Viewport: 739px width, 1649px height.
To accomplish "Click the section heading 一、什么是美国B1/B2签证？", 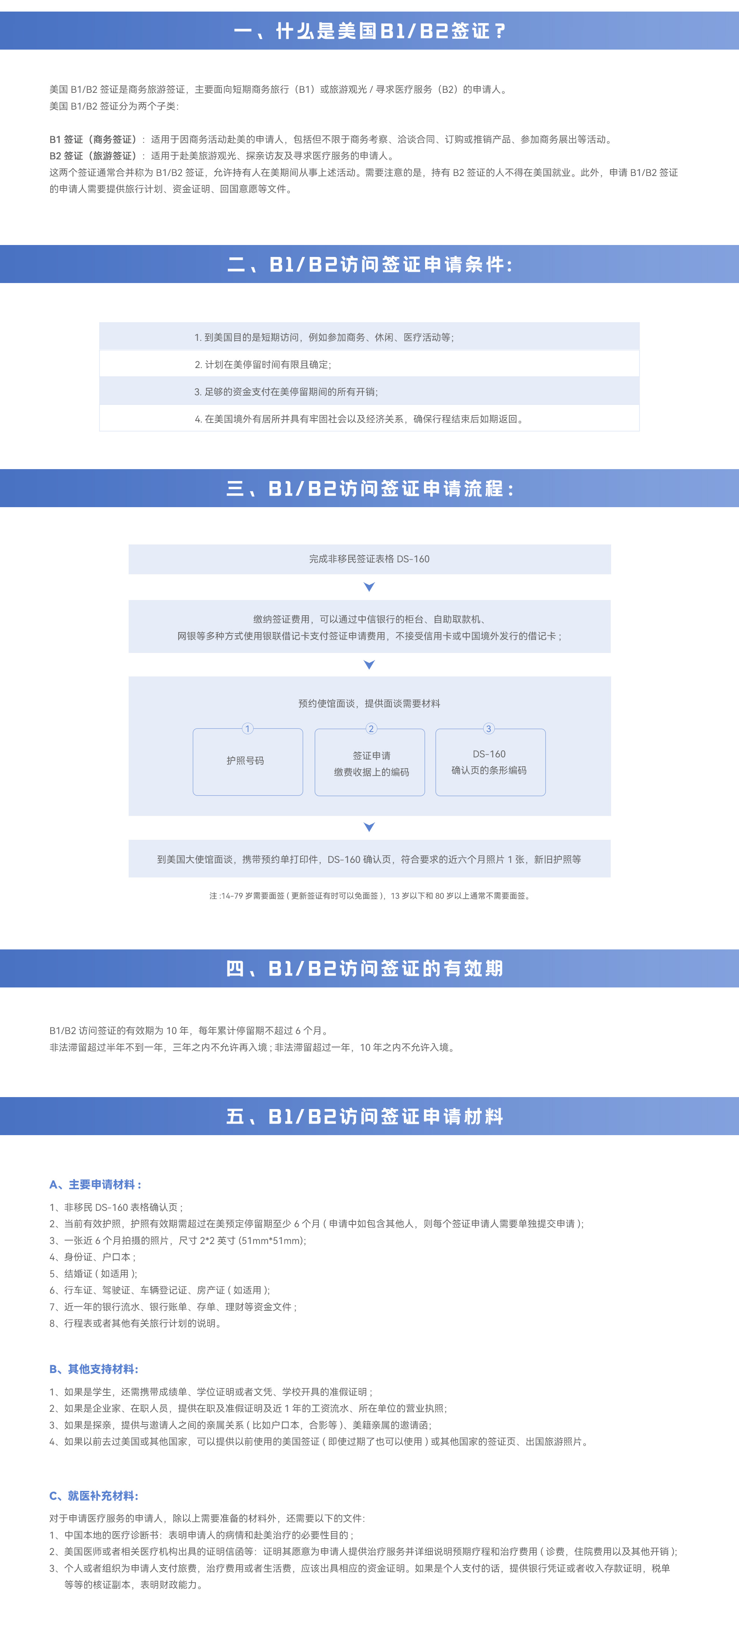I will (369, 31).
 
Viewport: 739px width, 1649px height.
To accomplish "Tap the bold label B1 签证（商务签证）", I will (94, 139).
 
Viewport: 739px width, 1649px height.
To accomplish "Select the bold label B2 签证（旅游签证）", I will (94, 156).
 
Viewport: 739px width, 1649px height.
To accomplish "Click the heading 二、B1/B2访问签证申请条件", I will (369, 264).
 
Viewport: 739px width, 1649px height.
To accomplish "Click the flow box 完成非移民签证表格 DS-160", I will (369, 559).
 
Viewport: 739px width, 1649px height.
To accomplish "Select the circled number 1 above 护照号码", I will (248, 729).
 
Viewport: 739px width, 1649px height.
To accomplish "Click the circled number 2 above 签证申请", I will (371, 729).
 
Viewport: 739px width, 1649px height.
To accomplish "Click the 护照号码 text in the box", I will (245, 760).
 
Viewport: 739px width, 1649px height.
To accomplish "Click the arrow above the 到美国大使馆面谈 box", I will (369, 827).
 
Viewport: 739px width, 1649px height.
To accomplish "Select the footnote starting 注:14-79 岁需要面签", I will (369, 896).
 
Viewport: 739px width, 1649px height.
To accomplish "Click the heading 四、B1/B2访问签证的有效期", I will (365, 968).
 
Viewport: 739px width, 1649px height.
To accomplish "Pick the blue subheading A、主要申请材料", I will (95, 1184).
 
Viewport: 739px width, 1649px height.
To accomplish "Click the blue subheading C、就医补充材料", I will (94, 1495).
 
